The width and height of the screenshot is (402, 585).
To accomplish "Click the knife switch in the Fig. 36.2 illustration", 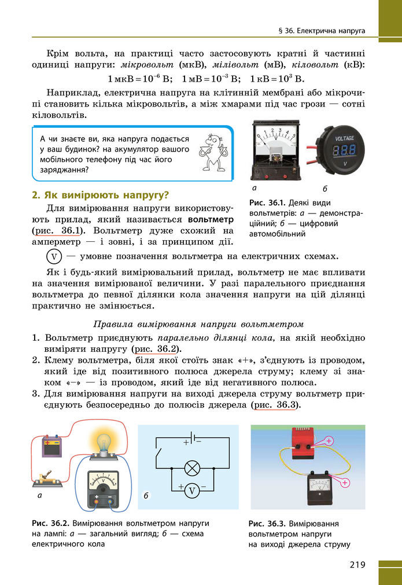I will tap(47, 479).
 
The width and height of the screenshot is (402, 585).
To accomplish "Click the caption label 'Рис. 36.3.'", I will tap(267, 523).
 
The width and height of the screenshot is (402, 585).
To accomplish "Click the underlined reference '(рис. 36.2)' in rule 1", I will tap(156, 349).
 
